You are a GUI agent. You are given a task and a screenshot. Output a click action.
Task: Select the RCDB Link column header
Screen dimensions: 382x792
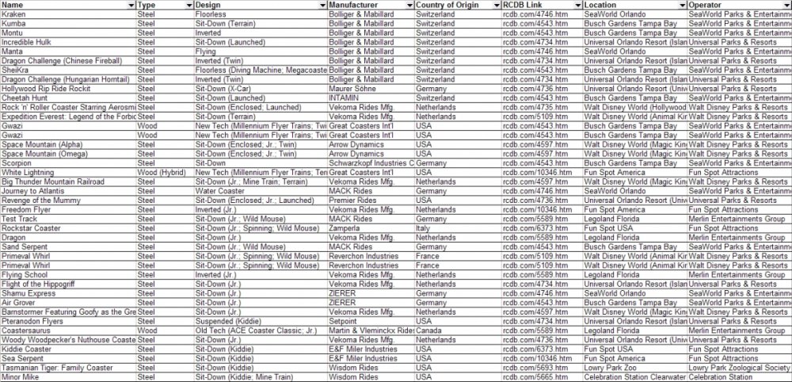click(524, 5)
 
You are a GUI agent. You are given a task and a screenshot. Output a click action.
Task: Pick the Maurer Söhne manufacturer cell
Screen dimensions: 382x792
click(352, 89)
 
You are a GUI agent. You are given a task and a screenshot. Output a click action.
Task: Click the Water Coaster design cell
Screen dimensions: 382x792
click(220, 190)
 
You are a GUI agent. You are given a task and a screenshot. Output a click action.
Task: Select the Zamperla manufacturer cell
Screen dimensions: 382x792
click(347, 227)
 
